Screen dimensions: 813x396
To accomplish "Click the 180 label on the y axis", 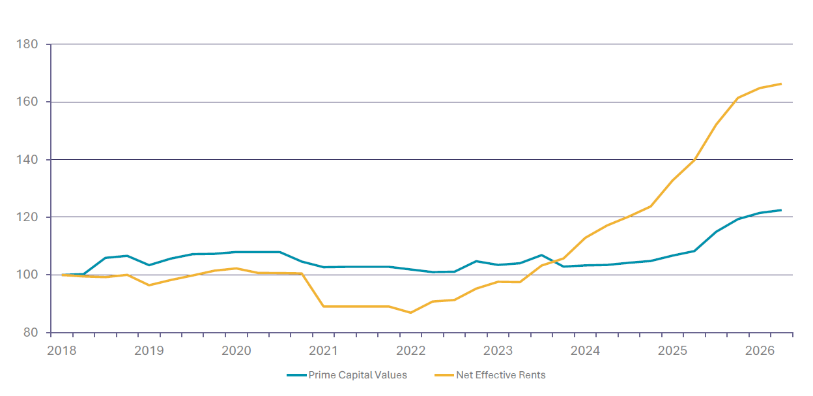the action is pyautogui.click(x=27, y=44).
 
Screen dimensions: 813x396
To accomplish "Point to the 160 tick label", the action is pyautogui.click(x=27, y=102).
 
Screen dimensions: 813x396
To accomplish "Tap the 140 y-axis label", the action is pyautogui.click(x=27, y=160).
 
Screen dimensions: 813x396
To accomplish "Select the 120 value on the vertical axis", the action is pyautogui.click(x=27, y=217).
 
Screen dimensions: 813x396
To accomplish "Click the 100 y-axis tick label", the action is pyautogui.click(x=27, y=275).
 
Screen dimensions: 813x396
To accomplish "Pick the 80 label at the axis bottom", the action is pyautogui.click(x=31, y=332).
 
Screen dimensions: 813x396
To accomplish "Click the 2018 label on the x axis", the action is pyautogui.click(x=62, y=351).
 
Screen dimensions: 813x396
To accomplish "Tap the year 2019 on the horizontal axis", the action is pyautogui.click(x=149, y=351).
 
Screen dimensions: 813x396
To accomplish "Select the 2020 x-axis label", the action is pyautogui.click(x=236, y=351).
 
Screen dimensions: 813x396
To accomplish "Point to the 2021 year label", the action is pyautogui.click(x=323, y=351).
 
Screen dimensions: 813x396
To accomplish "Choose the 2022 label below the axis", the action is pyautogui.click(x=411, y=351).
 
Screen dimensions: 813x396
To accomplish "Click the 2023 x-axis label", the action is pyautogui.click(x=498, y=351).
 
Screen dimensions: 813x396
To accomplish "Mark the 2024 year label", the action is pyautogui.click(x=585, y=351).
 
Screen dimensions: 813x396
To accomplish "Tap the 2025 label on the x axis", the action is pyautogui.click(x=672, y=351).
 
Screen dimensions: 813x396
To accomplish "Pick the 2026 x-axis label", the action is pyautogui.click(x=760, y=351).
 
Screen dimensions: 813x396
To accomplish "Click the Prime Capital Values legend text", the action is pyautogui.click(x=358, y=375).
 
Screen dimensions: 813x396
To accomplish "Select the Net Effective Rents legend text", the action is pyautogui.click(x=501, y=375).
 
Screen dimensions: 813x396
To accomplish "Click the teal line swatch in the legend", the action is pyautogui.click(x=296, y=375).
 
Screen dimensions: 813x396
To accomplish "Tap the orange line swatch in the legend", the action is pyautogui.click(x=444, y=375).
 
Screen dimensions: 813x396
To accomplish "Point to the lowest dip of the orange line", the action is pyautogui.click(x=410, y=312).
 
